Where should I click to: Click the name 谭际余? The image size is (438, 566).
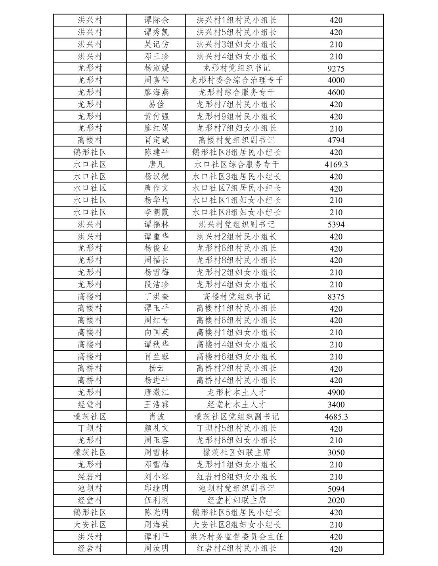pos(157,20)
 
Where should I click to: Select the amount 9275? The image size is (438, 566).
pos(336,68)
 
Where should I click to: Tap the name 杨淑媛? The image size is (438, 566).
pos(157,68)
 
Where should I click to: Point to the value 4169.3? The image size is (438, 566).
pos(336,164)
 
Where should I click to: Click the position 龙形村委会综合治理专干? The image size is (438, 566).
pos(237,80)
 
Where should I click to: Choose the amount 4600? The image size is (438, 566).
pos(336,93)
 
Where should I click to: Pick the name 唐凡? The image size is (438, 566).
pos(157,164)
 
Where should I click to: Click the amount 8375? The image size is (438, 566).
pos(336,296)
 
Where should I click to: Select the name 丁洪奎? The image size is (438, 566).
pos(157,296)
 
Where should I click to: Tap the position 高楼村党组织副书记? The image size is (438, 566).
pos(237,140)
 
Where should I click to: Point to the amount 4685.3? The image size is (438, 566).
pos(336,416)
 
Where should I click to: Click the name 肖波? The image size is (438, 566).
pos(157,416)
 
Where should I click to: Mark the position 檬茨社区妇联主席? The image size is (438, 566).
pos(237,452)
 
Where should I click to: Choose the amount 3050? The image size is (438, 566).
pos(336,452)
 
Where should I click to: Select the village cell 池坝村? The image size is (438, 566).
pos(90,488)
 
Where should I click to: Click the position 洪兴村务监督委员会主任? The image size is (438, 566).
pos(237,537)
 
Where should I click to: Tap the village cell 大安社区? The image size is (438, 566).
pos(90,524)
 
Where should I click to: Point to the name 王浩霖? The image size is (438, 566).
pos(157,405)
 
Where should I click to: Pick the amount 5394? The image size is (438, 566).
pos(336,224)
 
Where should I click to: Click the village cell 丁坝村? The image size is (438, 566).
pos(90,428)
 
